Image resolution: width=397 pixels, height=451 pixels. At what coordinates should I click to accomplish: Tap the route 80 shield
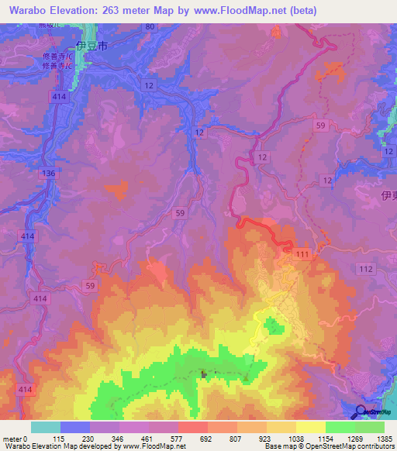(150, 26)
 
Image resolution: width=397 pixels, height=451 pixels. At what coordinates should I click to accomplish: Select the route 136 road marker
(49, 174)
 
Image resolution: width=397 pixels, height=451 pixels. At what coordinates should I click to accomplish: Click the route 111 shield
(302, 255)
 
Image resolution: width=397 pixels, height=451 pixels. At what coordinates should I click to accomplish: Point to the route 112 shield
(366, 269)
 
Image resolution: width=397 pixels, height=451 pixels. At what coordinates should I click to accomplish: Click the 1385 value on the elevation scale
(381, 439)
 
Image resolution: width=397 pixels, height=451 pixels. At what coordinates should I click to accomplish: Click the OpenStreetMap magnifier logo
(361, 412)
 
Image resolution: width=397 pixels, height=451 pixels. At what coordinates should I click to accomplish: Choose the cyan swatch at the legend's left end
(46, 427)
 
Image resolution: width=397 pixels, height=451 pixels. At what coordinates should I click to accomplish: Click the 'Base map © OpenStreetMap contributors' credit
(326, 446)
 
